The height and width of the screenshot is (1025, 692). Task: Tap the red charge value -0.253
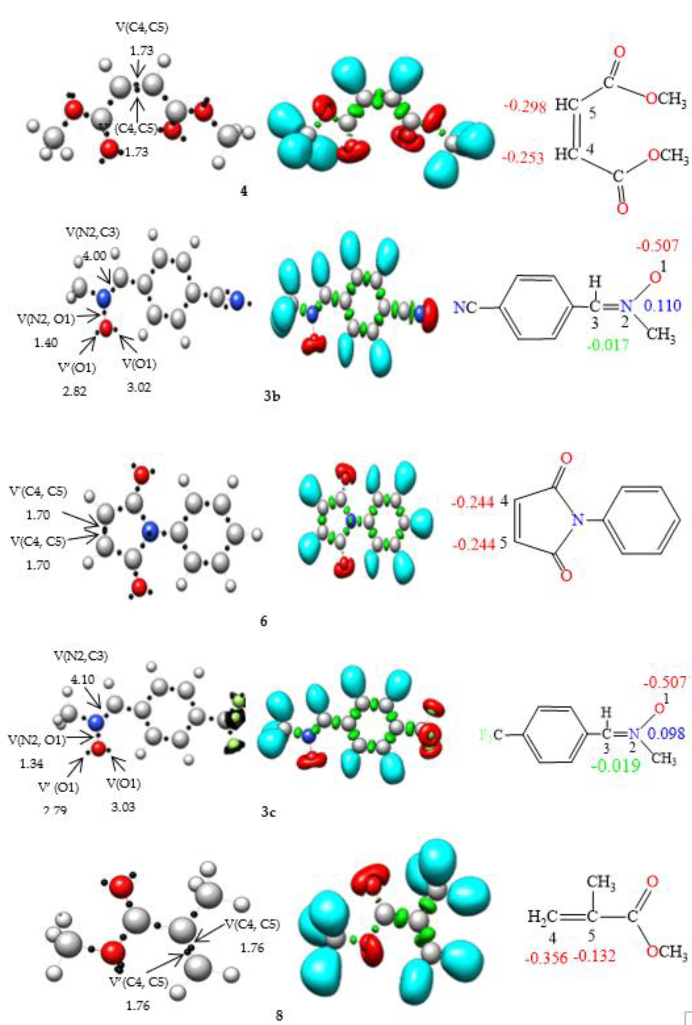click(x=524, y=158)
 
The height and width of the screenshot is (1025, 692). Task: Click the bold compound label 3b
click(x=272, y=396)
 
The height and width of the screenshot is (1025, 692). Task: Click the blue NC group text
click(x=466, y=307)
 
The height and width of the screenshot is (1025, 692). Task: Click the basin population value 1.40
click(x=46, y=343)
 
